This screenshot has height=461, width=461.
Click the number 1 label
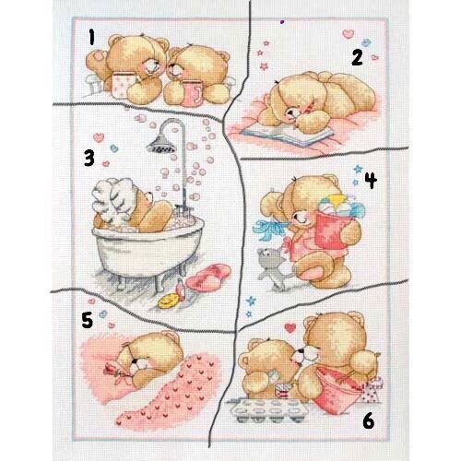pos(91,38)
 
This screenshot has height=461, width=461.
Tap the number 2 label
pos(357,58)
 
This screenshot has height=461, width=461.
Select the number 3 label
pos(89,159)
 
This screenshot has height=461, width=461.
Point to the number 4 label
pos(371,180)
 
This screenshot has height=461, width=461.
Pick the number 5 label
pos(88,320)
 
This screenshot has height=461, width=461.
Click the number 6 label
pos(369,420)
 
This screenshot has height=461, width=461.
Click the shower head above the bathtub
pos(160,144)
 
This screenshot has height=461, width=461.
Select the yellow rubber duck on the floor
pos(168,301)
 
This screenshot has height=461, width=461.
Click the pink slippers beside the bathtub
pos(208,277)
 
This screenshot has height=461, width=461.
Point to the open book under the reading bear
pos(288,136)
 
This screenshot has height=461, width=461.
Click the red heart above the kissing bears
pos(290,328)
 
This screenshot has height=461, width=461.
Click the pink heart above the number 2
pos(349,34)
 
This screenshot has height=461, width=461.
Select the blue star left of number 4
pos(358,169)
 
